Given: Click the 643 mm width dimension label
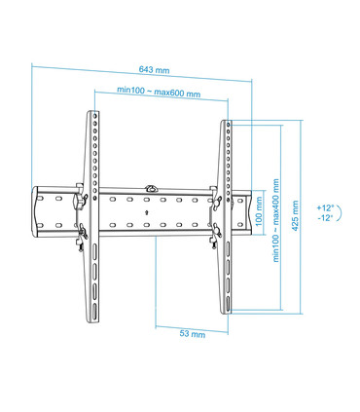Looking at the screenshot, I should point(153,70).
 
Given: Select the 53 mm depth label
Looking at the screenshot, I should point(192,334).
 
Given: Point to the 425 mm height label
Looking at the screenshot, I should point(295,215).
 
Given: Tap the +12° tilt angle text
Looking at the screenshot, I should point(324,208).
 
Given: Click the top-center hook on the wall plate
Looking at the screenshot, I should point(152,187).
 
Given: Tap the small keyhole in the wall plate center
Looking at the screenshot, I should point(145,211).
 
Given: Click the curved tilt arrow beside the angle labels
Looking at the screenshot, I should point(341,213).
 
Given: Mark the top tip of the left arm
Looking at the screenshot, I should point(94,114).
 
